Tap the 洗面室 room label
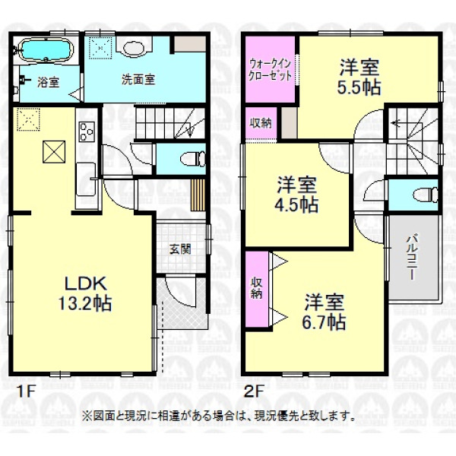click(138, 79)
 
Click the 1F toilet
click(193, 159)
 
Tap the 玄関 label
click(180, 249)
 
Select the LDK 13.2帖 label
click(85, 293)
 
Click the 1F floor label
click(27, 391)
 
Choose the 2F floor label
click(254, 391)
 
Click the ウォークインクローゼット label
click(271, 69)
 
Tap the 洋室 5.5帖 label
click(359, 77)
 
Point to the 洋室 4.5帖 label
click(296, 195)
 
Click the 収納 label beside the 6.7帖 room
click(257, 288)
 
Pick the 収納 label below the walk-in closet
click(261, 123)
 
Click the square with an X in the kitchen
click(54, 151)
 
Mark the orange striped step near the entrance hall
click(198, 195)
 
